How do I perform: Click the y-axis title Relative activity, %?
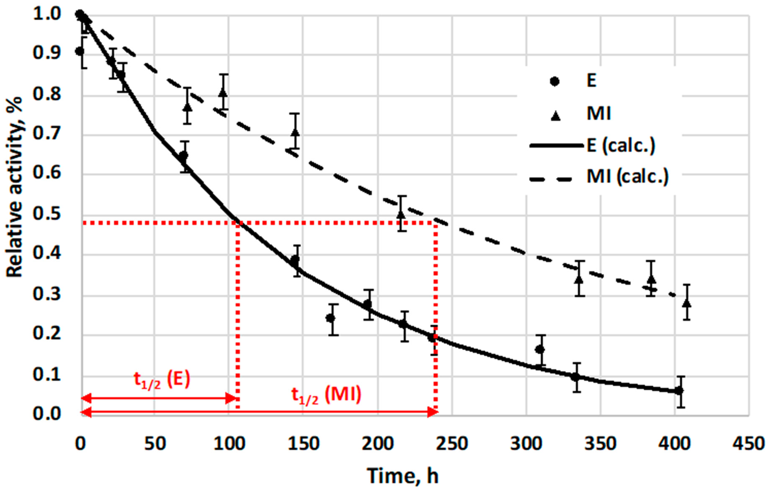tap(14, 187)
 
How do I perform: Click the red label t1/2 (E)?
tap(162, 380)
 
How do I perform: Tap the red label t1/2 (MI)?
tap(326, 395)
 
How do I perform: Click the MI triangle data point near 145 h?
tap(296, 132)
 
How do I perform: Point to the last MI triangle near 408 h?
tap(687, 303)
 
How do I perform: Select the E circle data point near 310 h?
tap(540, 349)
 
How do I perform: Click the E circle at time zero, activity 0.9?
tap(80, 51)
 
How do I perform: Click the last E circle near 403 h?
tap(679, 390)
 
